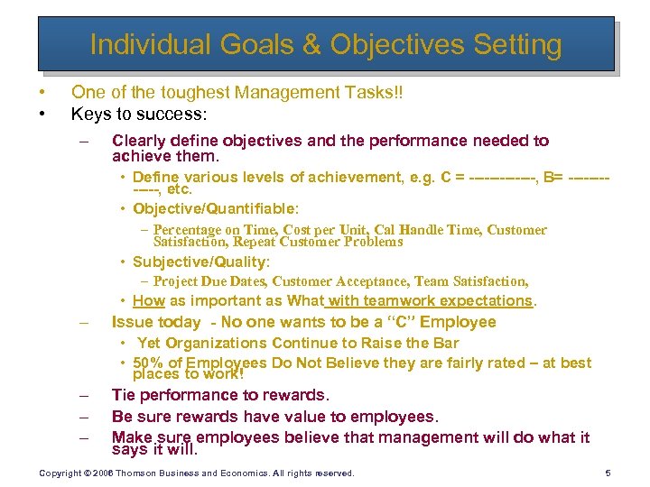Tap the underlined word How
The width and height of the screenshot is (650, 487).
click(x=148, y=300)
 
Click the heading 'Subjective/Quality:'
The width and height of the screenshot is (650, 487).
click(x=200, y=262)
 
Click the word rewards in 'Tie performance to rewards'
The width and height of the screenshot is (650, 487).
click(x=298, y=394)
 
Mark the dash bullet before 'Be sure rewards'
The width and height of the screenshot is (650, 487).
click(x=83, y=417)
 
